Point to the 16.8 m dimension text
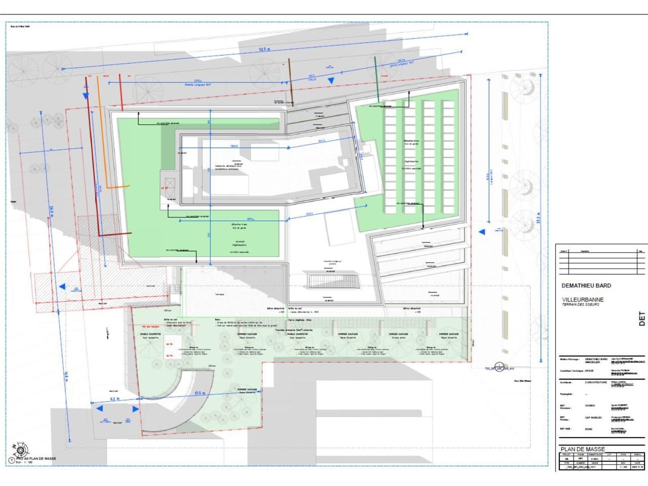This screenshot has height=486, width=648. pyautogui.click(x=66, y=377)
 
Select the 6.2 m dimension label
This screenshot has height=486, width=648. pyautogui.click(x=114, y=399)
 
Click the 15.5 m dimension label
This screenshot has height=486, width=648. pyautogui.click(x=199, y=393)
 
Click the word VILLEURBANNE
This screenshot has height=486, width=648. pyautogui.click(x=583, y=300)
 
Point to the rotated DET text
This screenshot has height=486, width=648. pyautogui.click(x=642, y=318)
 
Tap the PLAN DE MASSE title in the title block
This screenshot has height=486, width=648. pyautogui.click(x=583, y=449)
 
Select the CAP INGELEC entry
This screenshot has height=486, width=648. pyautogui.click(x=594, y=418)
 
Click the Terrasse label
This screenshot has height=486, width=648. pyautogui.click(x=219, y=294)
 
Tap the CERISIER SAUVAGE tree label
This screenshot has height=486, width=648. pyautogui.click(x=399, y=334)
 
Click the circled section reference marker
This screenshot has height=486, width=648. pyautogui.click(x=499, y=366)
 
